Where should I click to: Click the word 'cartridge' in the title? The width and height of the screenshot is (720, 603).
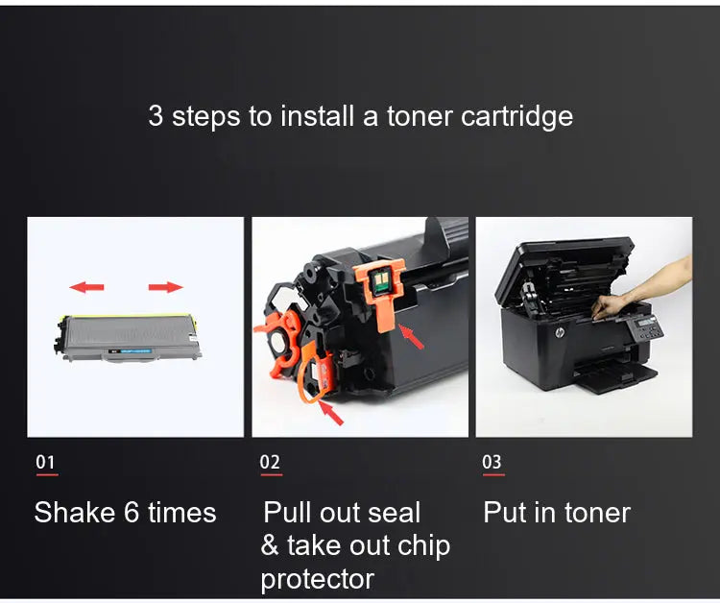[x=516, y=117]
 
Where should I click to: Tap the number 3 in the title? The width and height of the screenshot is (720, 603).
[x=156, y=117]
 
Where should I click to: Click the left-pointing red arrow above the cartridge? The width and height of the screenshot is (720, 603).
[x=88, y=286]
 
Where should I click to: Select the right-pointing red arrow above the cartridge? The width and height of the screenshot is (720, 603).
[x=165, y=286]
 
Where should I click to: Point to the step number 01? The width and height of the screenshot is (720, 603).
[x=46, y=463]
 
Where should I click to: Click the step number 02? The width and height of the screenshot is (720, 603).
[x=270, y=463]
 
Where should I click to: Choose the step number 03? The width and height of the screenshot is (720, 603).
[x=492, y=463]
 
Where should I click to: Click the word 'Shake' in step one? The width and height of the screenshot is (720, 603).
[x=75, y=513]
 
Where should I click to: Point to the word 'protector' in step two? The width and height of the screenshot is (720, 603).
[x=317, y=579]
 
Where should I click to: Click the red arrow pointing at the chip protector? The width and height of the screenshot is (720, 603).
[x=412, y=337]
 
